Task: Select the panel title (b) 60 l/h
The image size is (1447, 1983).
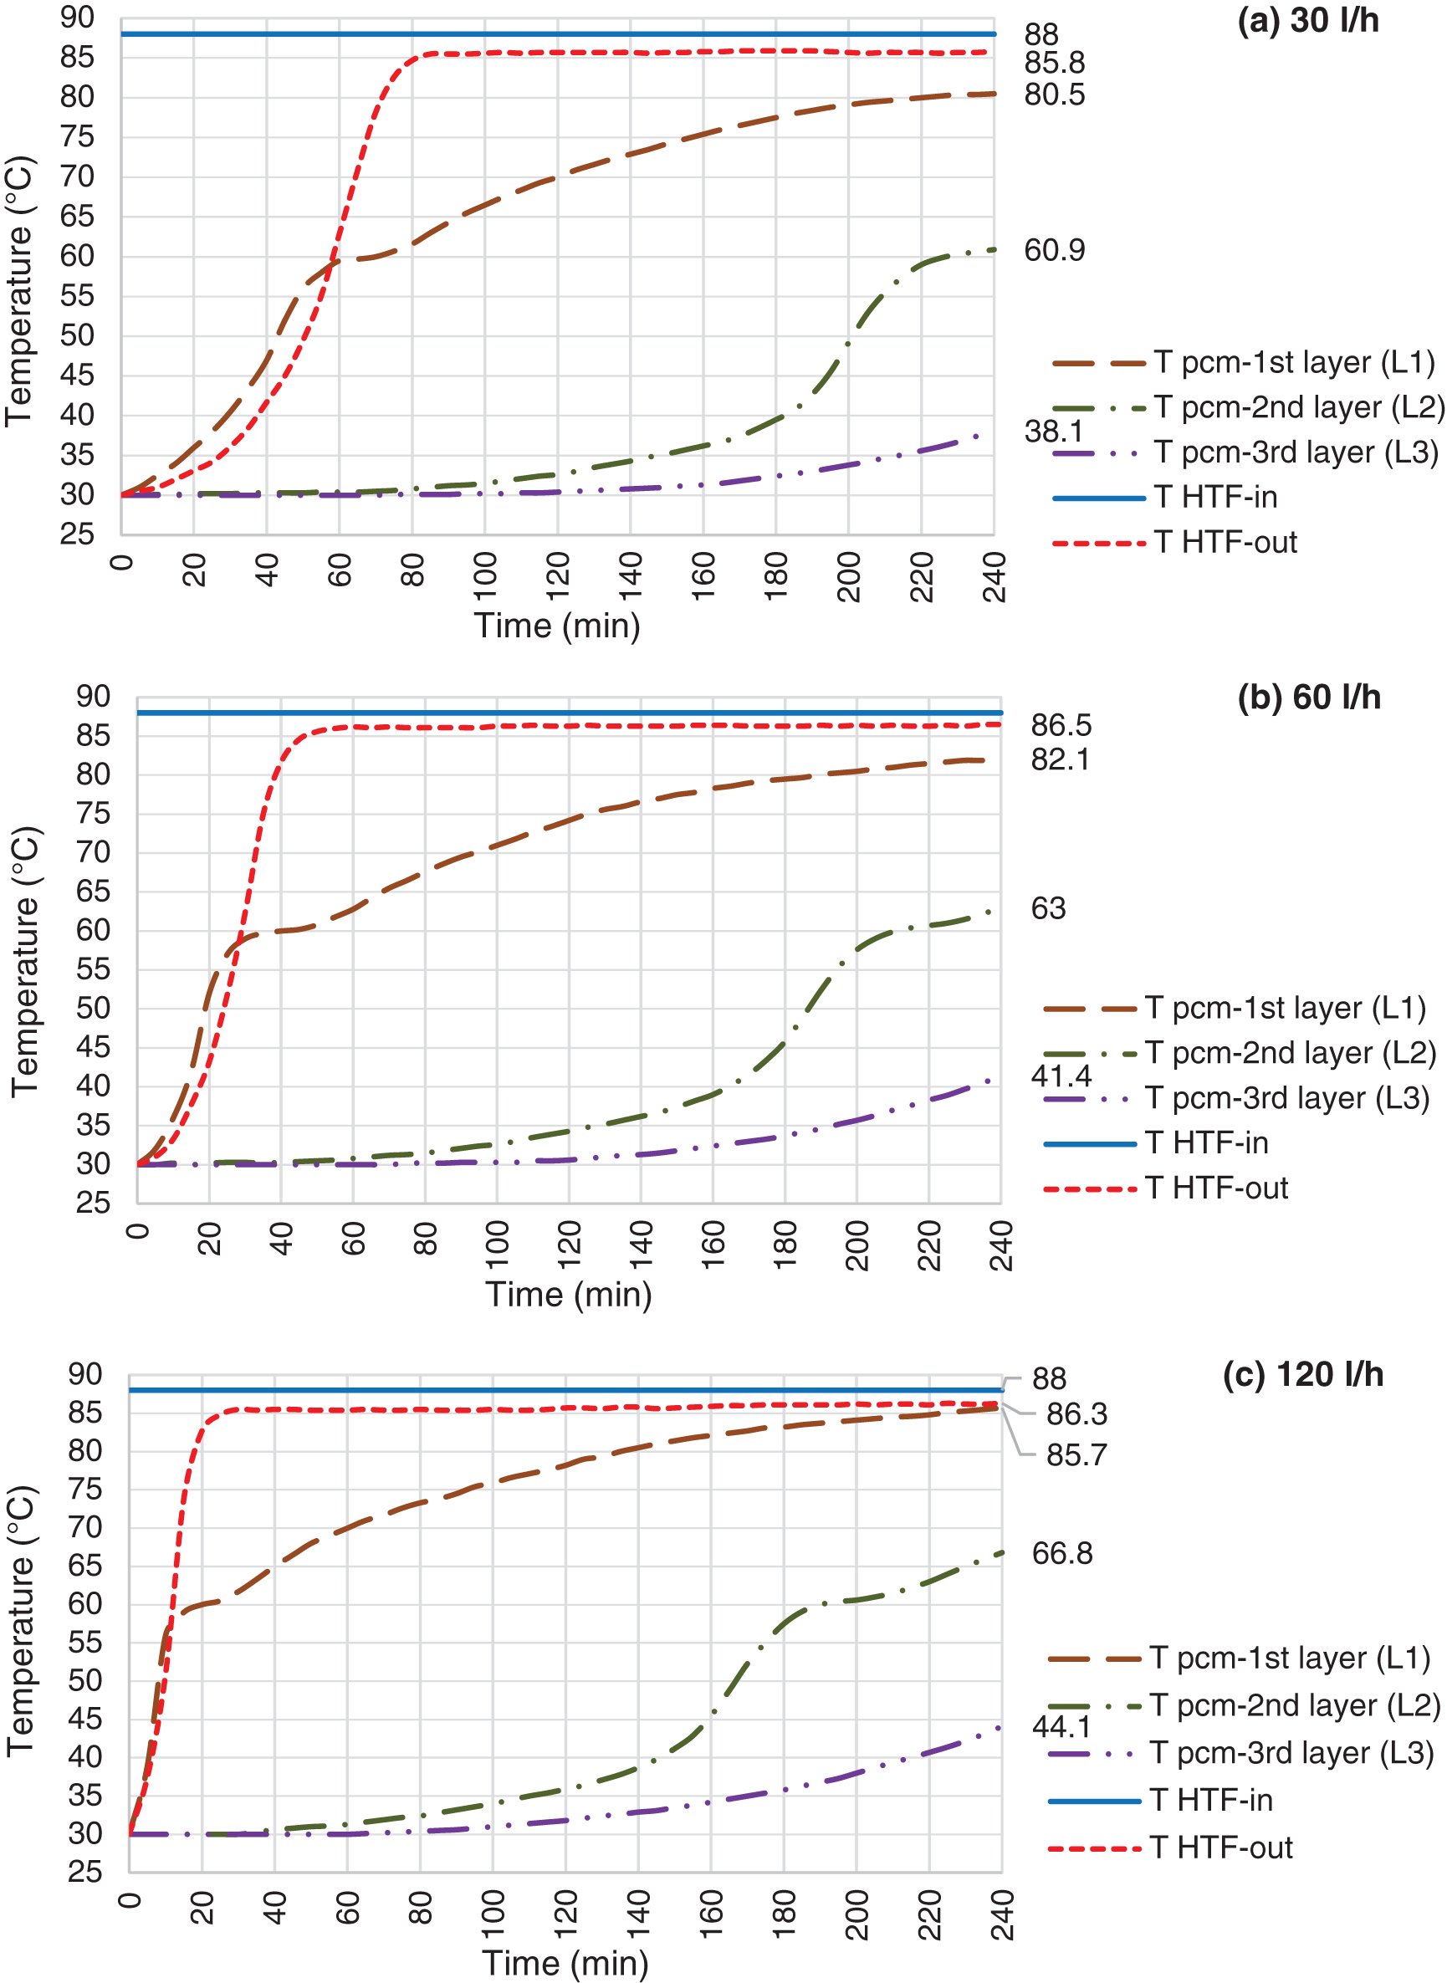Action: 1309,698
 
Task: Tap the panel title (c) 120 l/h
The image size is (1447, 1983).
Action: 1302,1374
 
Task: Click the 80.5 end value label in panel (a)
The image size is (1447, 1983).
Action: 1054,95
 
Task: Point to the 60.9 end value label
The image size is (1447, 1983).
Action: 1054,251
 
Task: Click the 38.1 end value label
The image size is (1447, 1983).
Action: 1053,431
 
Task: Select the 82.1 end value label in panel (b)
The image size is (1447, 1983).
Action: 1060,759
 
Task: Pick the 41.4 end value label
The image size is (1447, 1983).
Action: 1061,1076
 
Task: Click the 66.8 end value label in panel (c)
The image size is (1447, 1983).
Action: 1061,1553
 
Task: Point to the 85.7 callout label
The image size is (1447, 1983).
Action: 1076,1455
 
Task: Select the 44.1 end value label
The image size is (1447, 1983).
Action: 1061,1726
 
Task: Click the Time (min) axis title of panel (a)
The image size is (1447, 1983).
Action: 557,626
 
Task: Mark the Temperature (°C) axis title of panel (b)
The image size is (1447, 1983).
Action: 25,962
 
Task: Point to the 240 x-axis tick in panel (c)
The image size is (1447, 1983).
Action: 1002,1914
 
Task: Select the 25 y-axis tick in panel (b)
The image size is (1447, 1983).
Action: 93,1203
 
